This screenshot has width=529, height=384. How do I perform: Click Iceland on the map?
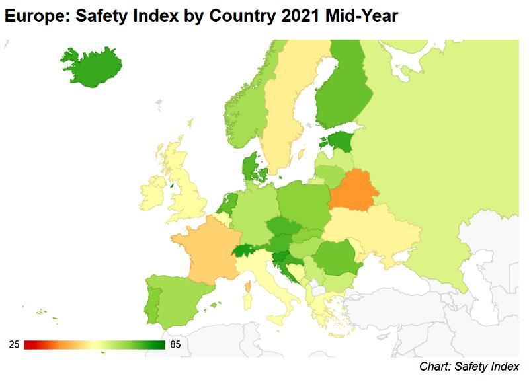[x=93, y=67]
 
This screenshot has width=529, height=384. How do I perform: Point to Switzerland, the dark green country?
[x=243, y=251]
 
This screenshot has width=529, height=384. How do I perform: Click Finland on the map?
[x=341, y=91]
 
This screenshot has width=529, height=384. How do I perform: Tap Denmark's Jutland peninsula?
[x=249, y=166]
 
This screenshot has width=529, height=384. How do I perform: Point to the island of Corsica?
[x=248, y=288]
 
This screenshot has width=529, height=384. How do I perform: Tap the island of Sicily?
[x=278, y=319]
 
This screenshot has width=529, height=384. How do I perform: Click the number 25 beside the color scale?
[x=14, y=344]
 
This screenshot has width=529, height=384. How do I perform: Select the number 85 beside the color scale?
[x=175, y=344]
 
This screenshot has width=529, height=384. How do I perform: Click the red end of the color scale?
[x=26, y=344]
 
